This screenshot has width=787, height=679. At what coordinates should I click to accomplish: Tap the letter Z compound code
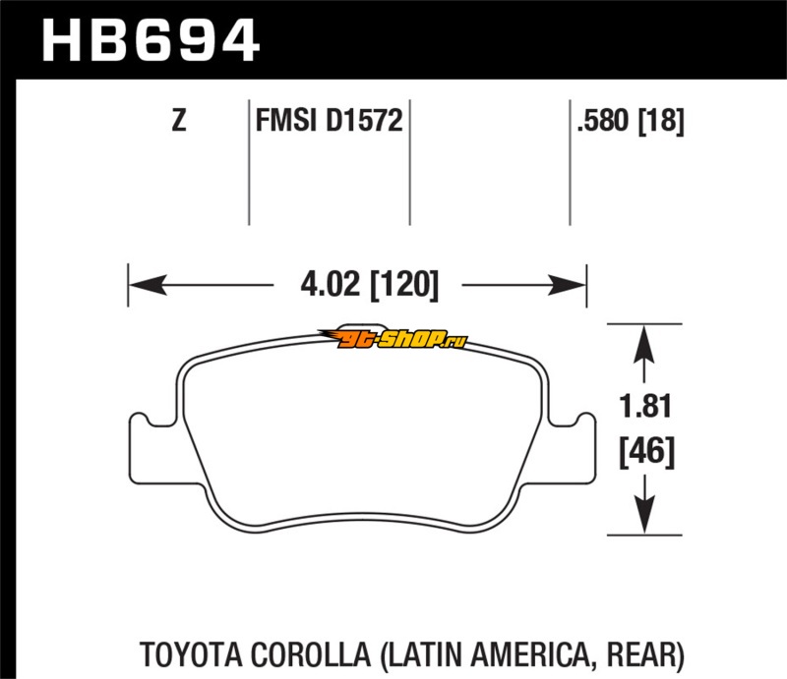(x=178, y=122)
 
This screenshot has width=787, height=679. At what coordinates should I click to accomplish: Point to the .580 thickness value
(x=602, y=122)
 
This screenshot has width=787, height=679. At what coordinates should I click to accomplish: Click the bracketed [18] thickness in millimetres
(x=660, y=122)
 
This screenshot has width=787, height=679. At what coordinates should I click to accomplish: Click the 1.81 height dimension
(x=643, y=406)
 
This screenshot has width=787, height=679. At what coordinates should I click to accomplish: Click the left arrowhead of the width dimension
(x=143, y=286)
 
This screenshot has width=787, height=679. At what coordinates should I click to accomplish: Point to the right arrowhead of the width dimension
(x=573, y=286)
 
